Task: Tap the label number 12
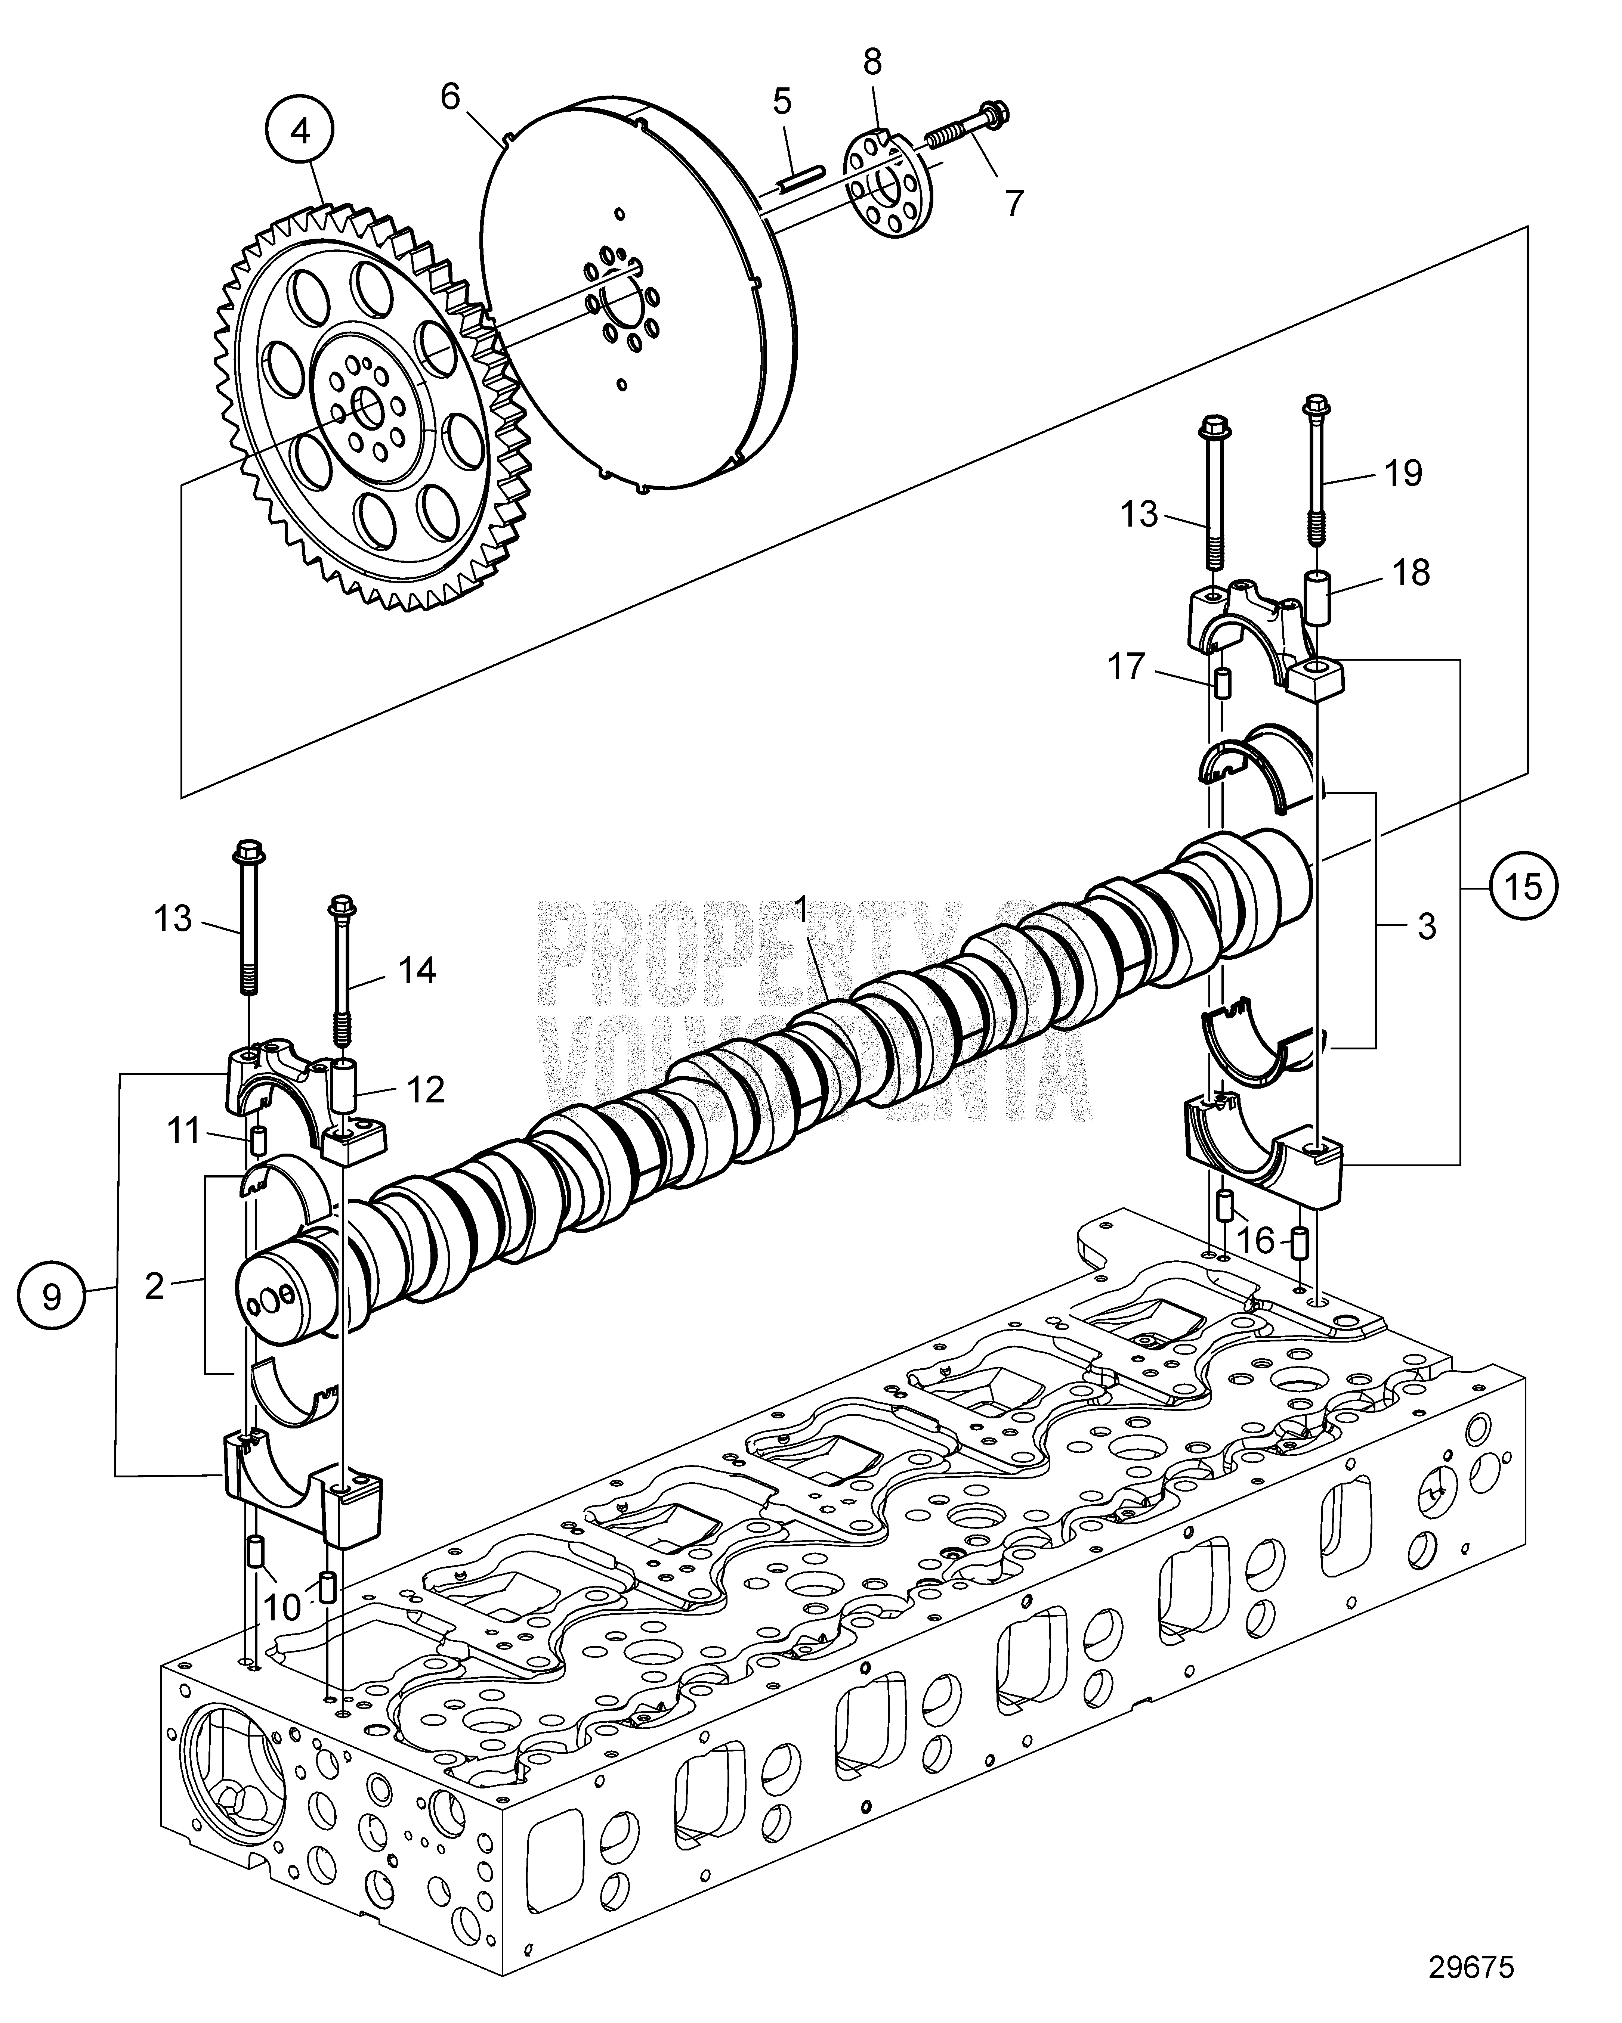coord(425,1089)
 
